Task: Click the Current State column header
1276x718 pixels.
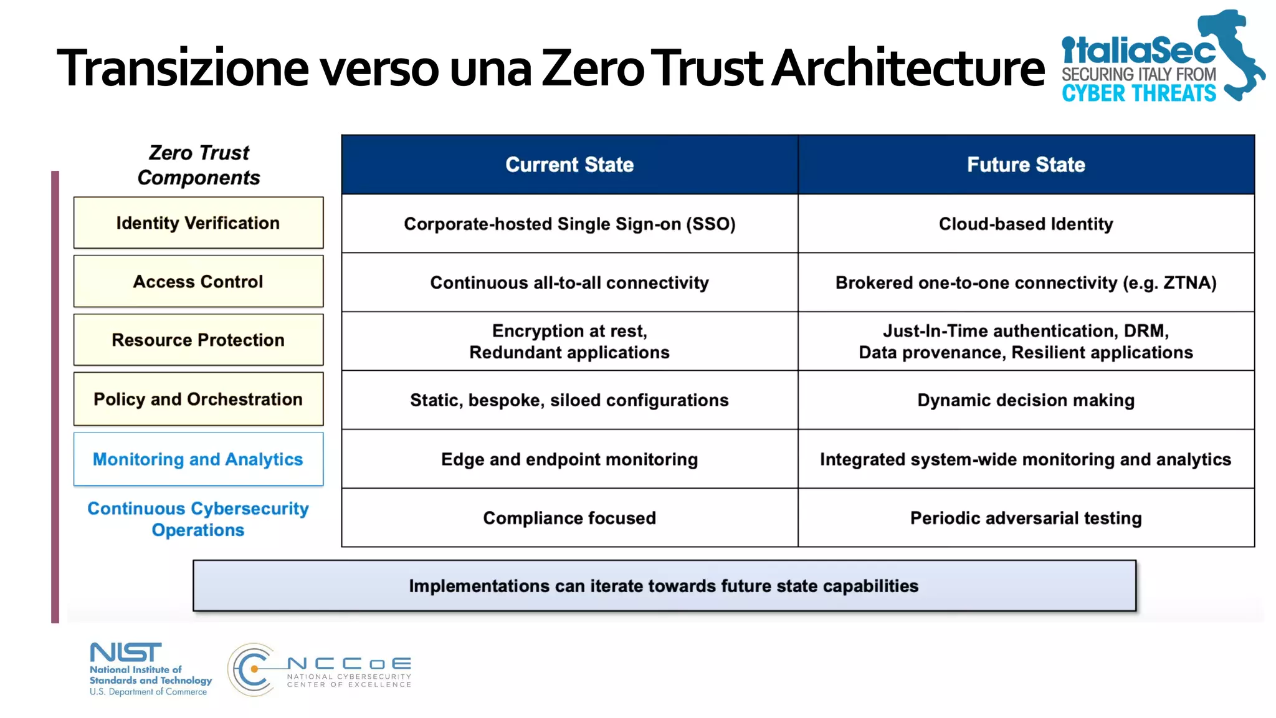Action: coord(569,165)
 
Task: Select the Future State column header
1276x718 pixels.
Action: coord(1026,165)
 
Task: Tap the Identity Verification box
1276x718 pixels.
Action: coord(198,223)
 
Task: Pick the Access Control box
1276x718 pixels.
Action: coord(198,282)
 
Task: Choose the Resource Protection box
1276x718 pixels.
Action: coord(198,340)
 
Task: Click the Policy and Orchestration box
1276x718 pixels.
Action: coord(198,399)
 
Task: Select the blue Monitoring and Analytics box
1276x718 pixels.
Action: coord(198,459)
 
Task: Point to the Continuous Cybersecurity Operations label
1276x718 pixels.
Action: coord(198,519)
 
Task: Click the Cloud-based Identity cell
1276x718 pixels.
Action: coord(1026,224)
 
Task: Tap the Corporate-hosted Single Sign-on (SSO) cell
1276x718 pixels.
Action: coord(569,224)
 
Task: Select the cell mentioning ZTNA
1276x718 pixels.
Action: coord(1026,283)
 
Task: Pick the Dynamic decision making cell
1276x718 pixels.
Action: coord(1026,400)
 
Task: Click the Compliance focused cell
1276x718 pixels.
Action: coord(569,518)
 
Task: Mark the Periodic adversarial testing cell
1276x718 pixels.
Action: coord(1026,518)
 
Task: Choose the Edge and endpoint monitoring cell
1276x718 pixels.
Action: coord(569,459)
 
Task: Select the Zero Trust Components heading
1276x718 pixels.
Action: coord(199,165)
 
